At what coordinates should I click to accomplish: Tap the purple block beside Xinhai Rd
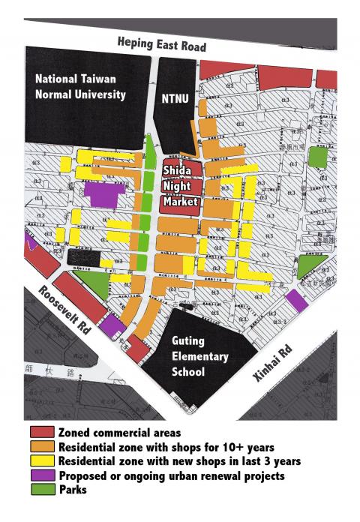click(296, 299)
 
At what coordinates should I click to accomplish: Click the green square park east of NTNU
click(318, 157)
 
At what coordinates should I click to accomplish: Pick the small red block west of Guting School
click(137, 349)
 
